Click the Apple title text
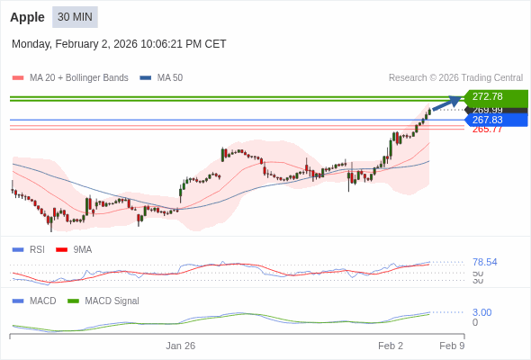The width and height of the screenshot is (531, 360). [x=27, y=17]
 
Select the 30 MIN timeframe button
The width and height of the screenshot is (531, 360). [x=75, y=17]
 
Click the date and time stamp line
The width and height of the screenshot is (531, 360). [x=119, y=44]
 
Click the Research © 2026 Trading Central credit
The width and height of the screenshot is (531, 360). [x=455, y=78]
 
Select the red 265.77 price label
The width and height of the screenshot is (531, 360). [x=487, y=130]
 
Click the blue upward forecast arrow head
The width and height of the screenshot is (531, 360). [x=456, y=100]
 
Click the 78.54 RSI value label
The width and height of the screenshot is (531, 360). [x=484, y=262]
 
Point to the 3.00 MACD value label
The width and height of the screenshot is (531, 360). [x=481, y=312]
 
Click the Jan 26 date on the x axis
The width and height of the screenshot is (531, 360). [x=180, y=346]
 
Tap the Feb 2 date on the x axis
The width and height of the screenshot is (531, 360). [x=391, y=346]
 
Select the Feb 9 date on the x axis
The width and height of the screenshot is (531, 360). [x=452, y=346]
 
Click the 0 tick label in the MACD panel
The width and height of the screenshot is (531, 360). [x=475, y=322]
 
